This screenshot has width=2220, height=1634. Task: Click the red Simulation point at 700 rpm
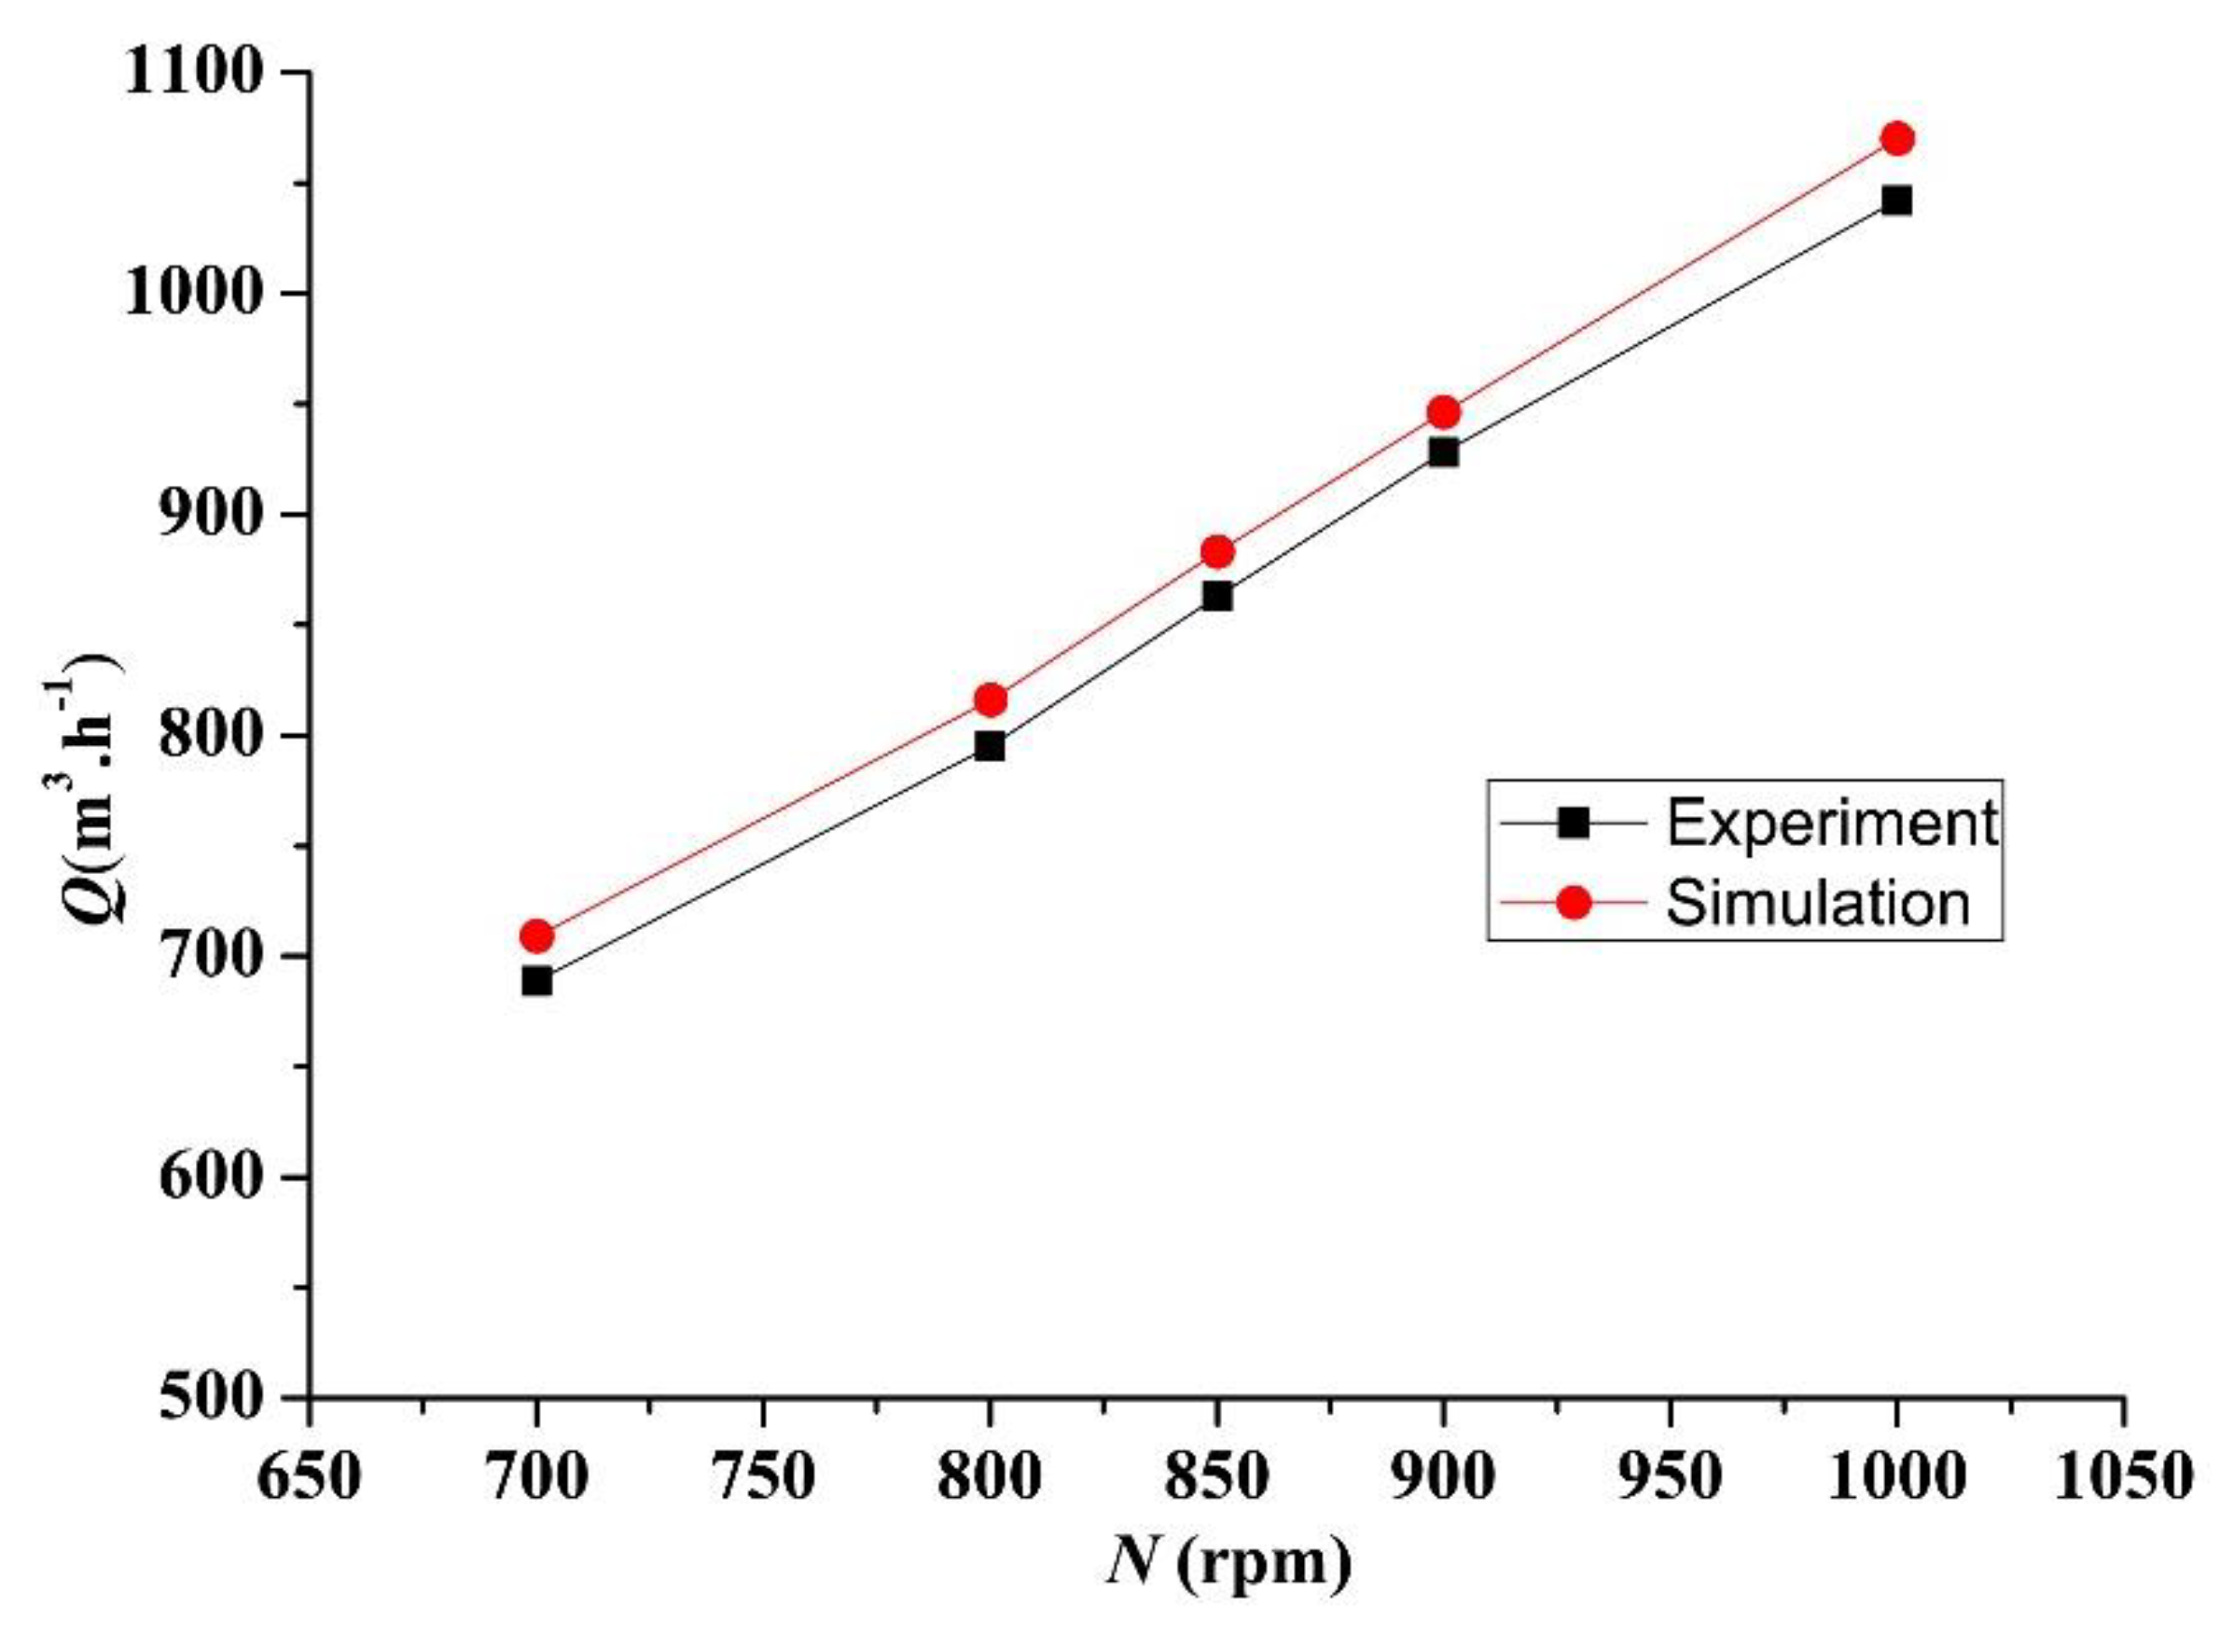click(x=536, y=935)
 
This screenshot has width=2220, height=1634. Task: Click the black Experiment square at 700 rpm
click(x=536, y=981)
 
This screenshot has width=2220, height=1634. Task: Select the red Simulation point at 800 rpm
click(x=991, y=700)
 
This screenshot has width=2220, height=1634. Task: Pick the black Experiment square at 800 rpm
click(x=990, y=747)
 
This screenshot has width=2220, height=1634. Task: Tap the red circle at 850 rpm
click(x=1218, y=552)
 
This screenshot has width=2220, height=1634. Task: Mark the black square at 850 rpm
click(x=1218, y=597)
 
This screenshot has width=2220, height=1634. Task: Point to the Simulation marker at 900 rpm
click(x=1443, y=411)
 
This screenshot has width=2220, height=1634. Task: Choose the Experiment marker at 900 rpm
click(x=1443, y=453)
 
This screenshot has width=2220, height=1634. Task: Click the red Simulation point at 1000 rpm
click(x=1897, y=138)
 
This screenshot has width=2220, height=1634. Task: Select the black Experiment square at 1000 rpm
click(x=1896, y=201)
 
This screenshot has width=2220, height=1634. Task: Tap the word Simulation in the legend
click(x=1818, y=902)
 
